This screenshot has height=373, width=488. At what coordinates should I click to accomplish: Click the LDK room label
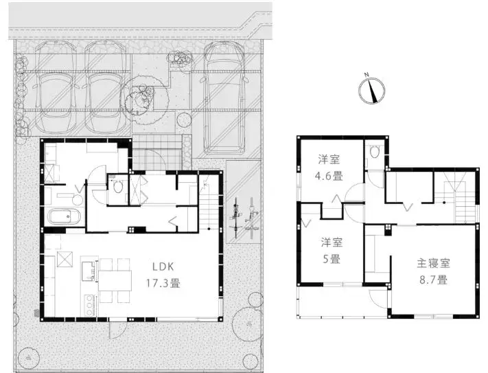point(163,267)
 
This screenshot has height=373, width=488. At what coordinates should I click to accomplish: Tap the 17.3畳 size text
point(163,284)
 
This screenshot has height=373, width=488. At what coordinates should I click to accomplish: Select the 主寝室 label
point(433,263)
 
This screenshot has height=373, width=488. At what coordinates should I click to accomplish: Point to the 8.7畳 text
point(433,280)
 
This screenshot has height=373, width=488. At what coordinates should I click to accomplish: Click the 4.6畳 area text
point(329,177)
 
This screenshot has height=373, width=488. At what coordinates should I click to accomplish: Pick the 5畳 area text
point(332,259)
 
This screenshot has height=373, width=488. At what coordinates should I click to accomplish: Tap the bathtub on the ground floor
point(64,216)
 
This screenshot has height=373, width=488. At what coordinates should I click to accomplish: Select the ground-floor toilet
point(118,187)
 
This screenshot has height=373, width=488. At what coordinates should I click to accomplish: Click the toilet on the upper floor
point(373,152)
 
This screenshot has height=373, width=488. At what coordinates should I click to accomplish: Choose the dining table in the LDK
point(115,280)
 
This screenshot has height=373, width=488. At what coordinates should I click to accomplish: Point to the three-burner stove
point(89,305)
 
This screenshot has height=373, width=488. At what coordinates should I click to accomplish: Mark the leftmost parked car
point(56,87)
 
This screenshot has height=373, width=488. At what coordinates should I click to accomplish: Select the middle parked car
point(106,87)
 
